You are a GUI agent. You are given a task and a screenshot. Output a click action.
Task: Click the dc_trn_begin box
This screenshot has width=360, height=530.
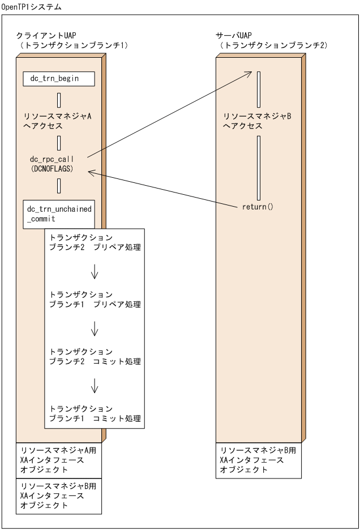click(59, 79)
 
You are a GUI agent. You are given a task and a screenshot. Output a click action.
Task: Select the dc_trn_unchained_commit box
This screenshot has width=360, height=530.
click(59, 214)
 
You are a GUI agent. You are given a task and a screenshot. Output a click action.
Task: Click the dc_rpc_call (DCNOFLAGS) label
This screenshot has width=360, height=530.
click(52, 164)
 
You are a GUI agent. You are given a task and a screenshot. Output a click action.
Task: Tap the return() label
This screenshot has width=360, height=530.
click(258, 207)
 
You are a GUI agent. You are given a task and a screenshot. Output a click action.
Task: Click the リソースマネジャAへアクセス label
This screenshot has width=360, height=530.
click(58, 121)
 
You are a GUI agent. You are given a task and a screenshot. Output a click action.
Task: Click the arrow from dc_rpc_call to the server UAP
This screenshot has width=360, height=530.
click(170, 113)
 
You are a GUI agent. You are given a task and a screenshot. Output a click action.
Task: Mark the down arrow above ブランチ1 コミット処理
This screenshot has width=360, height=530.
click(95, 386)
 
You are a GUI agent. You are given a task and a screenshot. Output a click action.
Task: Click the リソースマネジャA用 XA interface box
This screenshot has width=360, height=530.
click(59, 460)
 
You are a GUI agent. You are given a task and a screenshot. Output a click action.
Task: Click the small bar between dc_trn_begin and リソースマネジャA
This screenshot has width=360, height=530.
click(59, 101)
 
